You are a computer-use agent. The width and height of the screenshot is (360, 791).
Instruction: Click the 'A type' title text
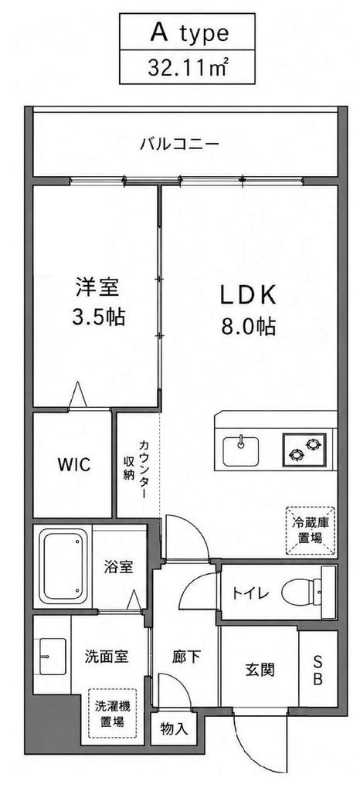click(x=188, y=33)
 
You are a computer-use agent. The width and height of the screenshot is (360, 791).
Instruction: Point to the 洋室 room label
click(x=98, y=288)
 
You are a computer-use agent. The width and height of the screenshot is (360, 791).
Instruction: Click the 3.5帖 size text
click(x=98, y=317)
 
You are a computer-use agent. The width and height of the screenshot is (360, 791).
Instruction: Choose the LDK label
click(x=247, y=296)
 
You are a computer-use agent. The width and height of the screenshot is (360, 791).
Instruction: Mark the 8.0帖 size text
click(x=247, y=328)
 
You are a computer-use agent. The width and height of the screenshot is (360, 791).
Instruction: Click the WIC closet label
click(x=74, y=464)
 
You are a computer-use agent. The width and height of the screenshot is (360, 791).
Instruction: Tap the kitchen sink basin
click(x=241, y=450)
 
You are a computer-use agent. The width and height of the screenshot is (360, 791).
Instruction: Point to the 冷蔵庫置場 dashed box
click(x=311, y=530)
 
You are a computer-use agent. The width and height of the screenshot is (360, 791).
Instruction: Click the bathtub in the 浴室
click(x=64, y=565)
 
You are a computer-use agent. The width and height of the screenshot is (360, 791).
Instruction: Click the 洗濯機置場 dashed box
click(x=112, y=713)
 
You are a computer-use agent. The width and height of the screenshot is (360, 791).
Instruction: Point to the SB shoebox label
click(x=318, y=670)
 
